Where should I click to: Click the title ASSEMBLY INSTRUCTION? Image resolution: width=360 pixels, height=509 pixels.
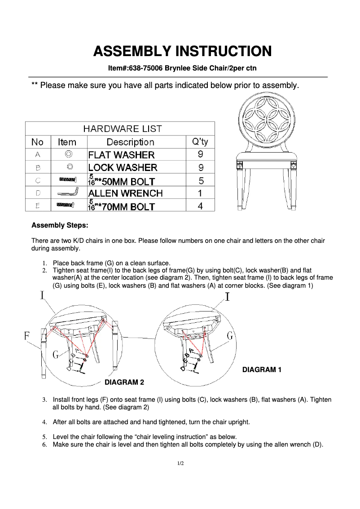point(182,51)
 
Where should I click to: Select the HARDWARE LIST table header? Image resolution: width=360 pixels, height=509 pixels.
point(123,129)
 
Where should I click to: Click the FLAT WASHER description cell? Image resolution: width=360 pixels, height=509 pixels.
point(121,155)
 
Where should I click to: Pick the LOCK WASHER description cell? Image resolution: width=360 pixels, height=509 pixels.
point(123,167)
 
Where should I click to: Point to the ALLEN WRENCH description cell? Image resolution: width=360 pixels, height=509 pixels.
point(125,193)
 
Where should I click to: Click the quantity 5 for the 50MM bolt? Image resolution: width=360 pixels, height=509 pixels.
point(201,180)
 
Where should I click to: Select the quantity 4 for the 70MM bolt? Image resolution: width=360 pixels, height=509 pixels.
point(201,206)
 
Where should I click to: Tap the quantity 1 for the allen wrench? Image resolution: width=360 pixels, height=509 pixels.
point(201,193)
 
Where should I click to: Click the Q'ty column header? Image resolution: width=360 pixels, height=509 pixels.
point(200,142)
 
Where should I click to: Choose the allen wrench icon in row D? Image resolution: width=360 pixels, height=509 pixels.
point(67,193)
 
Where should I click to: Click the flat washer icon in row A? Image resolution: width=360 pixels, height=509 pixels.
point(69,154)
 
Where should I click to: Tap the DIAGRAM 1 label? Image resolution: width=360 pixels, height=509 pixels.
point(262,370)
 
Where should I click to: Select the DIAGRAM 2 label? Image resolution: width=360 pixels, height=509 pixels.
point(124,382)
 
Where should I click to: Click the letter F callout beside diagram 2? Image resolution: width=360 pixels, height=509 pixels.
point(27,336)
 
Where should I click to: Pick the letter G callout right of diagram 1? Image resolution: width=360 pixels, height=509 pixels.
point(230,336)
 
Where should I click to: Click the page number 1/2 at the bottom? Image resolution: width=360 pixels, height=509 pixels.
point(180,463)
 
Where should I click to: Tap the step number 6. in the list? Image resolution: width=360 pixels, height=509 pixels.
point(45,445)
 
